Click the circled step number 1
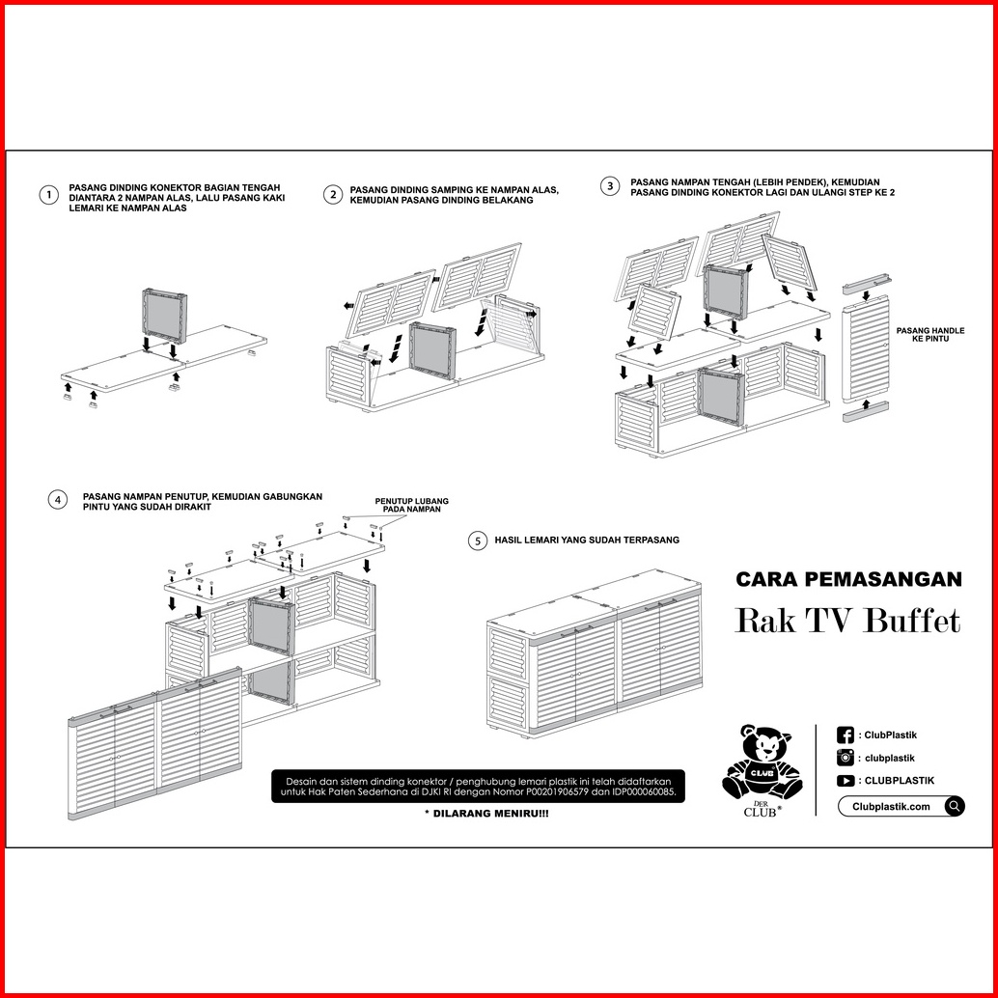[x=49, y=195]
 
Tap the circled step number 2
[x=332, y=194]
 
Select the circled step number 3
[x=610, y=186]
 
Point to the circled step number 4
[x=58, y=500]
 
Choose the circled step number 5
[x=478, y=541]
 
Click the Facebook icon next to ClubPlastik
[x=846, y=735]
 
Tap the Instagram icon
[x=846, y=758]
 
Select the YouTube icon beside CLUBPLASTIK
[x=846, y=780]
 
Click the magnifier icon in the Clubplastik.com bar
[x=954, y=807]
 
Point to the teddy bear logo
[x=762, y=762]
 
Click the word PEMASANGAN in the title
[x=883, y=579]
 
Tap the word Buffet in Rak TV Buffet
[x=912, y=621]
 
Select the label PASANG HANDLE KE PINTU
[x=929, y=335]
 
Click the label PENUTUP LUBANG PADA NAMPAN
[x=411, y=506]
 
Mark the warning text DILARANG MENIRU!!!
[x=486, y=814]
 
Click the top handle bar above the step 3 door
[x=866, y=284]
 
